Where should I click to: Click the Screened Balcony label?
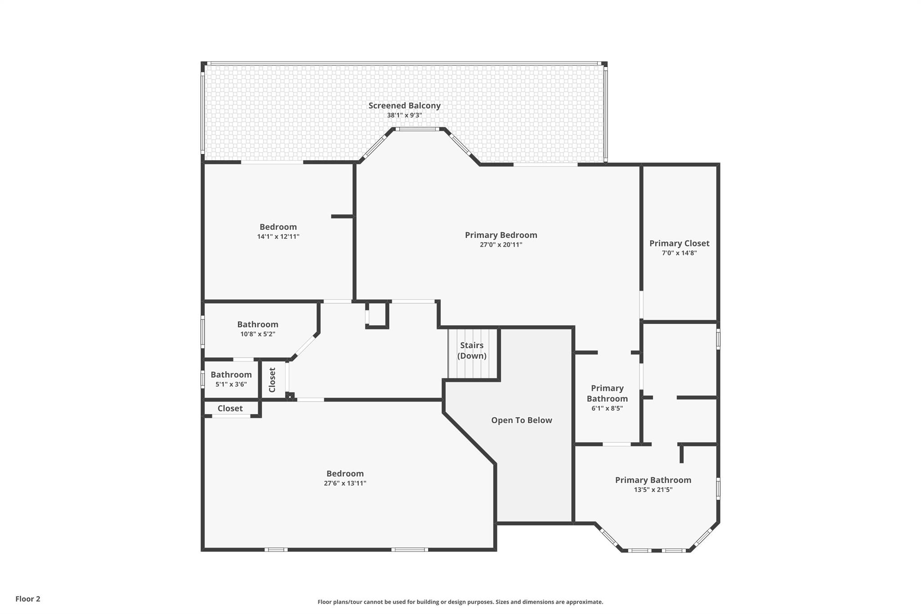pos(404,106)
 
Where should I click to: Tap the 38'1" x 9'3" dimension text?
pos(404,115)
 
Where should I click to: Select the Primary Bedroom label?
pos(501,235)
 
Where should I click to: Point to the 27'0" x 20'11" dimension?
pos(501,245)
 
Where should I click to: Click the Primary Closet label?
pos(679,243)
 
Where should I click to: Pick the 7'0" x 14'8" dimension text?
pos(679,253)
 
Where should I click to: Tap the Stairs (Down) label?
pos(472,350)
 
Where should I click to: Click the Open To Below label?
pos(521,420)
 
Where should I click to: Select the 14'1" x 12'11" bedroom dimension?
pos(278,237)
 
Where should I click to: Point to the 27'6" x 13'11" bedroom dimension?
pos(345,483)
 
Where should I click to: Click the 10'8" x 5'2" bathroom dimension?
pos(258,334)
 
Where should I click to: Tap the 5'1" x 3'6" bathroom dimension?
pos(231,384)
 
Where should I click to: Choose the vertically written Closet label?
pos(272,380)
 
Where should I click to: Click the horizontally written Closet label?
pos(230,408)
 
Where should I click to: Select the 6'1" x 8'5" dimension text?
pos(607,408)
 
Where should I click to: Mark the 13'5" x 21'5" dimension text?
pos(653,490)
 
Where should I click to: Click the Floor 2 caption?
pos(28,599)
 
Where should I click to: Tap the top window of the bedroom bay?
pos(417,129)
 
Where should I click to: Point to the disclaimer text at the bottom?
pos(460,602)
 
